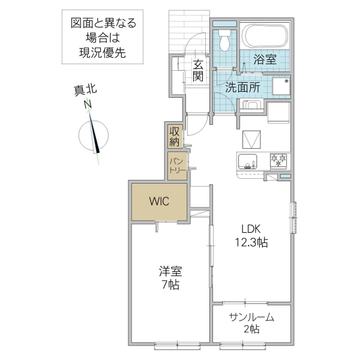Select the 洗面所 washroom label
[242, 86]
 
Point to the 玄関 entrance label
[198, 70]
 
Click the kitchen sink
[247, 161]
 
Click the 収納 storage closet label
[175, 136]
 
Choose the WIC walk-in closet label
[159, 201]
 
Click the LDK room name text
[251, 229]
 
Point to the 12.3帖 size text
[251, 242]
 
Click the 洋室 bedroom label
[171, 271]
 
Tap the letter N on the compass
[88, 104]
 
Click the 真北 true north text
[85, 91]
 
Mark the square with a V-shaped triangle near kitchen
[253, 140]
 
